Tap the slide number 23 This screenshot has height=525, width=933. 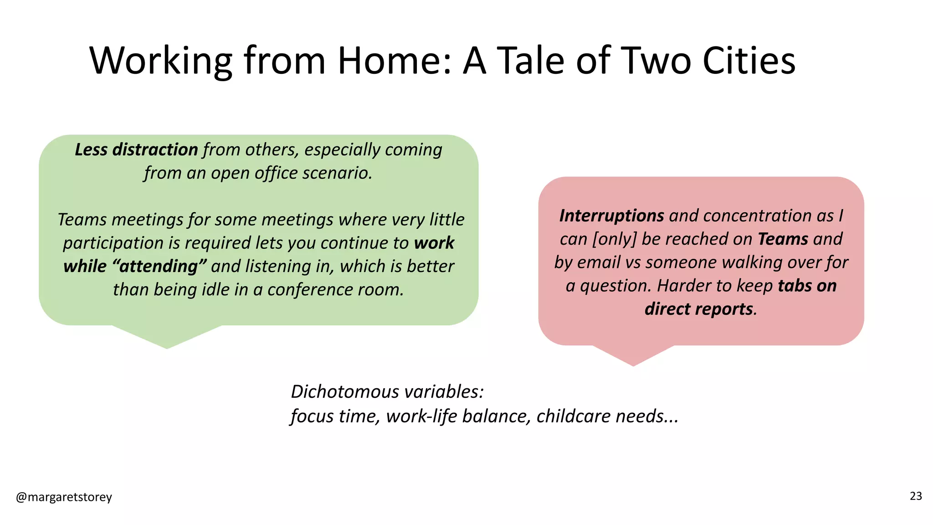click(x=916, y=496)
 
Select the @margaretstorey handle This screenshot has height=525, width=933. click(x=64, y=497)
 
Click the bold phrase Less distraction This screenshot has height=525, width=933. click(x=136, y=150)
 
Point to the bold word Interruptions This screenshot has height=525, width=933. click(x=611, y=216)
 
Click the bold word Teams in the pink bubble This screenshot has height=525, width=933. click(x=783, y=239)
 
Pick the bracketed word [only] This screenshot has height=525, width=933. click(x=614, y=239)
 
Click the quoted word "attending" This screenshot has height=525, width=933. click(x=159, y=266)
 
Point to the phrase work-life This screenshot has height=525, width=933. click(x=421, y=416)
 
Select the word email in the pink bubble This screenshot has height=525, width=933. click(x=601, y=262)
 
